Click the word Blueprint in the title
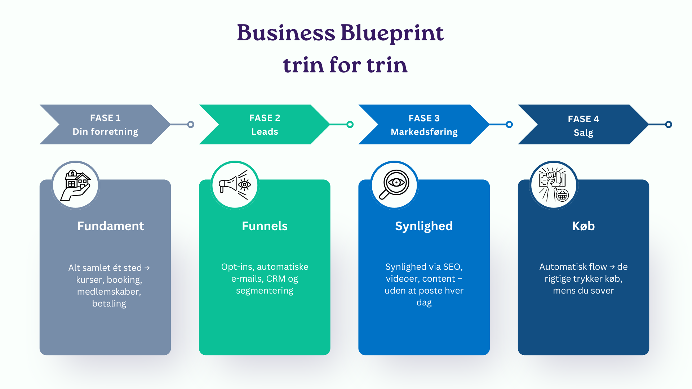[392, 33]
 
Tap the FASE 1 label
[105, 118]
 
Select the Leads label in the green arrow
[265, 131]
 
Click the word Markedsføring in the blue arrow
[424, 132]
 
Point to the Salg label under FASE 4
[584, 133]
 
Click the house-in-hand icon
[76, 185]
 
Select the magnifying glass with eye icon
[394, 184]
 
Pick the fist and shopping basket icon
[554, 185]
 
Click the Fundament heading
[111, 226]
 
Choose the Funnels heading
[265, 226]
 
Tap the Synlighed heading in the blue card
[424, 226]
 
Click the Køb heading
[584, 226]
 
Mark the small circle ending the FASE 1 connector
[191, 125]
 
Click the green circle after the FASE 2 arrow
[350, 125]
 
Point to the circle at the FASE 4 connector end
[669, 125]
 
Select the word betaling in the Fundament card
[109, 304]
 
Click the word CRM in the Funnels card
[276, 279]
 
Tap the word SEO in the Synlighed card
[453, 267]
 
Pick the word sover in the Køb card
[603, 291]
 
